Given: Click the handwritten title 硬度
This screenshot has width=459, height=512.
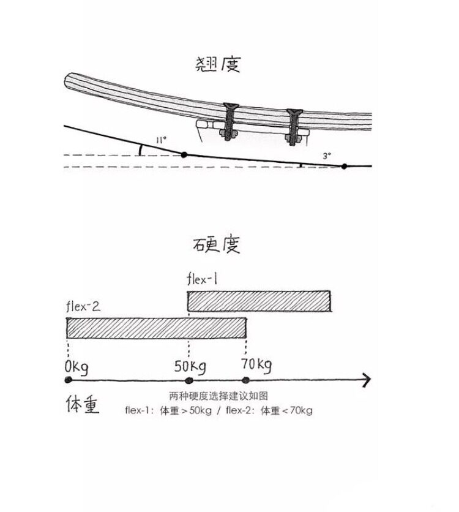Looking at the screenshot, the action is [215, 244].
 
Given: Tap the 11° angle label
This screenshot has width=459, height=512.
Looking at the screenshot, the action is [161, 140].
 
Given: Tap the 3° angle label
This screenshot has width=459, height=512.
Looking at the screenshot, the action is [327, 156].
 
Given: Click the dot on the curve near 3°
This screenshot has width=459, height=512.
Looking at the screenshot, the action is [345, 166].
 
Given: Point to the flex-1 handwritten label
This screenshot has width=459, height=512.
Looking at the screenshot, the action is [203, 280].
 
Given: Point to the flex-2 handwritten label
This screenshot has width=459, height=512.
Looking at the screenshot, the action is [83, 306].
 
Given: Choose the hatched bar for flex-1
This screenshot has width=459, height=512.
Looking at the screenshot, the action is [259, 301].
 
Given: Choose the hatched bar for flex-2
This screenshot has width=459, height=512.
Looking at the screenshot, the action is [157, 328].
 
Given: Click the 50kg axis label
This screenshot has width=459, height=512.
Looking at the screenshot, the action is [190, 367].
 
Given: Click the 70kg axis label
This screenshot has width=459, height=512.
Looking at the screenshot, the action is [256, 366].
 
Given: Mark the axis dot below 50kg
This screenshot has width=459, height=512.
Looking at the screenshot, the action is [189, 380].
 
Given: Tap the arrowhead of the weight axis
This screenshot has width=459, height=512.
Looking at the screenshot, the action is [366, 380].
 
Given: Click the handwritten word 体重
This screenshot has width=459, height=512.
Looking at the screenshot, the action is [83, 405].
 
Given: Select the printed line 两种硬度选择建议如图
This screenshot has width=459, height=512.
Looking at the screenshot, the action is [218, 396].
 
